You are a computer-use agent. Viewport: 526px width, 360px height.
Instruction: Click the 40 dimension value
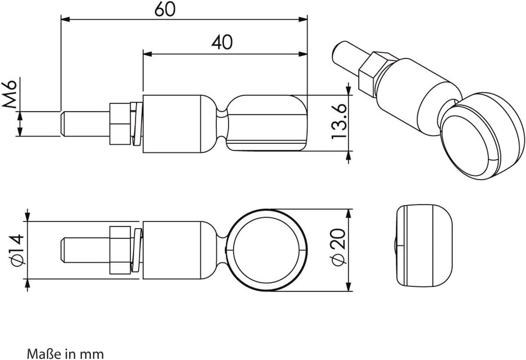click(222, 42)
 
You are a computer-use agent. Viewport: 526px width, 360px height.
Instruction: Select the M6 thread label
click(10, 94)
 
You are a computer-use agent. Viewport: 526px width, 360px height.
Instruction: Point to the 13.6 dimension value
click(339, 121)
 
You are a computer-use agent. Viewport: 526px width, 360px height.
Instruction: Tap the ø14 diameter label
click(18, 250)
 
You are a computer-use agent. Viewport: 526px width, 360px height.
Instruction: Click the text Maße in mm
click(65, 354)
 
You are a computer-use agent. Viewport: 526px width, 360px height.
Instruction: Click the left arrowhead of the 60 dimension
click(65, 19)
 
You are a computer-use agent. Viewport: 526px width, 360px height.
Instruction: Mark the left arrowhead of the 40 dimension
click(147, 54)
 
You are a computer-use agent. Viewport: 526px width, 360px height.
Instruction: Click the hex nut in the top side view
click(120, 124)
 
